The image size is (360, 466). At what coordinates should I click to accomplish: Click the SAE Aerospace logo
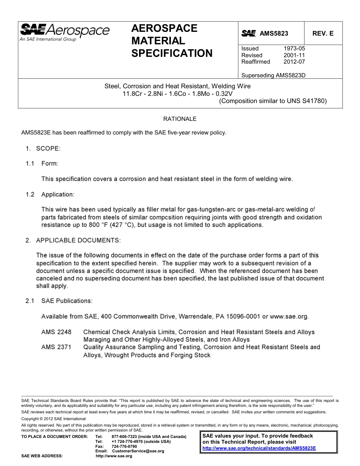64,32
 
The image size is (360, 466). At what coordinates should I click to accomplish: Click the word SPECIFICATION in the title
172,53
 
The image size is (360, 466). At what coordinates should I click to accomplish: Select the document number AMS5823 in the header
274,33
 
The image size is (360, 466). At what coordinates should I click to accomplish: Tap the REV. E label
323,33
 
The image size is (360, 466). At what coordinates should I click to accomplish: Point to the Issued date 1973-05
294,48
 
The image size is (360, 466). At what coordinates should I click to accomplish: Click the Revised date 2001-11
294,55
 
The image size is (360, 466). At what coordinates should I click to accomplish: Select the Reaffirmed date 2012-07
294,62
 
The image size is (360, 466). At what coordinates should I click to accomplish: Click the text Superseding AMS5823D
273,75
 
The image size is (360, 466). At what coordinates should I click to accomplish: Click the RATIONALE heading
180,119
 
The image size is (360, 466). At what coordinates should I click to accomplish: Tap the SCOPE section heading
48,149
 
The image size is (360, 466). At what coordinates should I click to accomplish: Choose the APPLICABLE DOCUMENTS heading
78,240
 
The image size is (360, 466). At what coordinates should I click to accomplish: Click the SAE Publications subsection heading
67,301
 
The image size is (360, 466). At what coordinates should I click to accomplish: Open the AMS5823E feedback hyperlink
259,448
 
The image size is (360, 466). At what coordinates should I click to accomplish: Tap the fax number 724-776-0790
124,446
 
